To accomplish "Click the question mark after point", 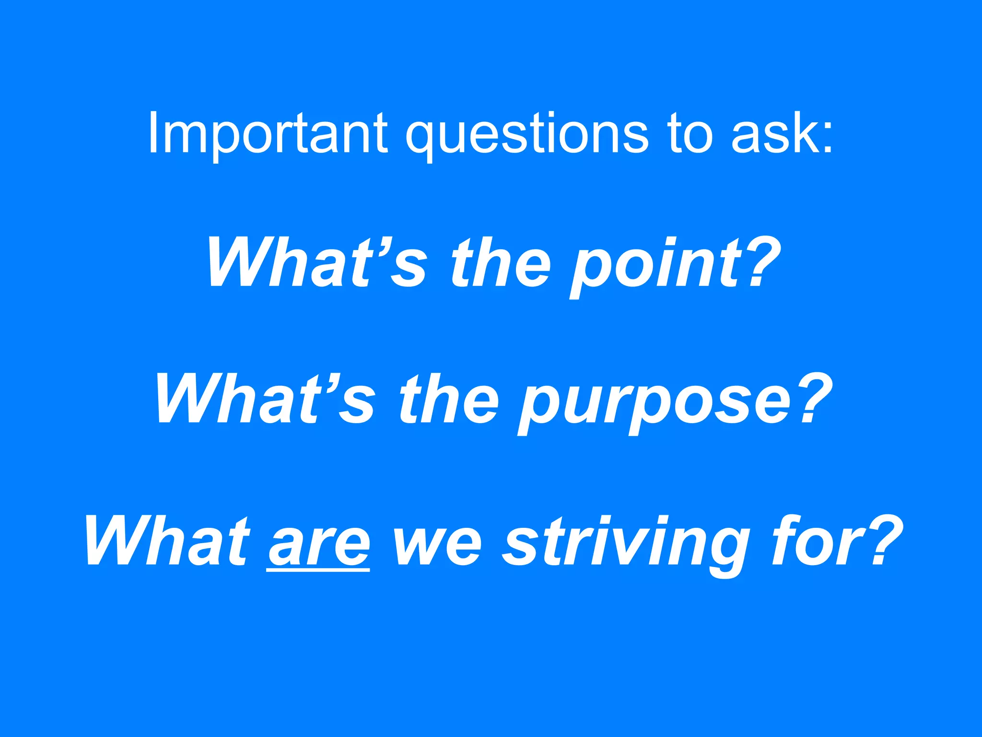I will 759,262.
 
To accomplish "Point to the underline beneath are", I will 319,570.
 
